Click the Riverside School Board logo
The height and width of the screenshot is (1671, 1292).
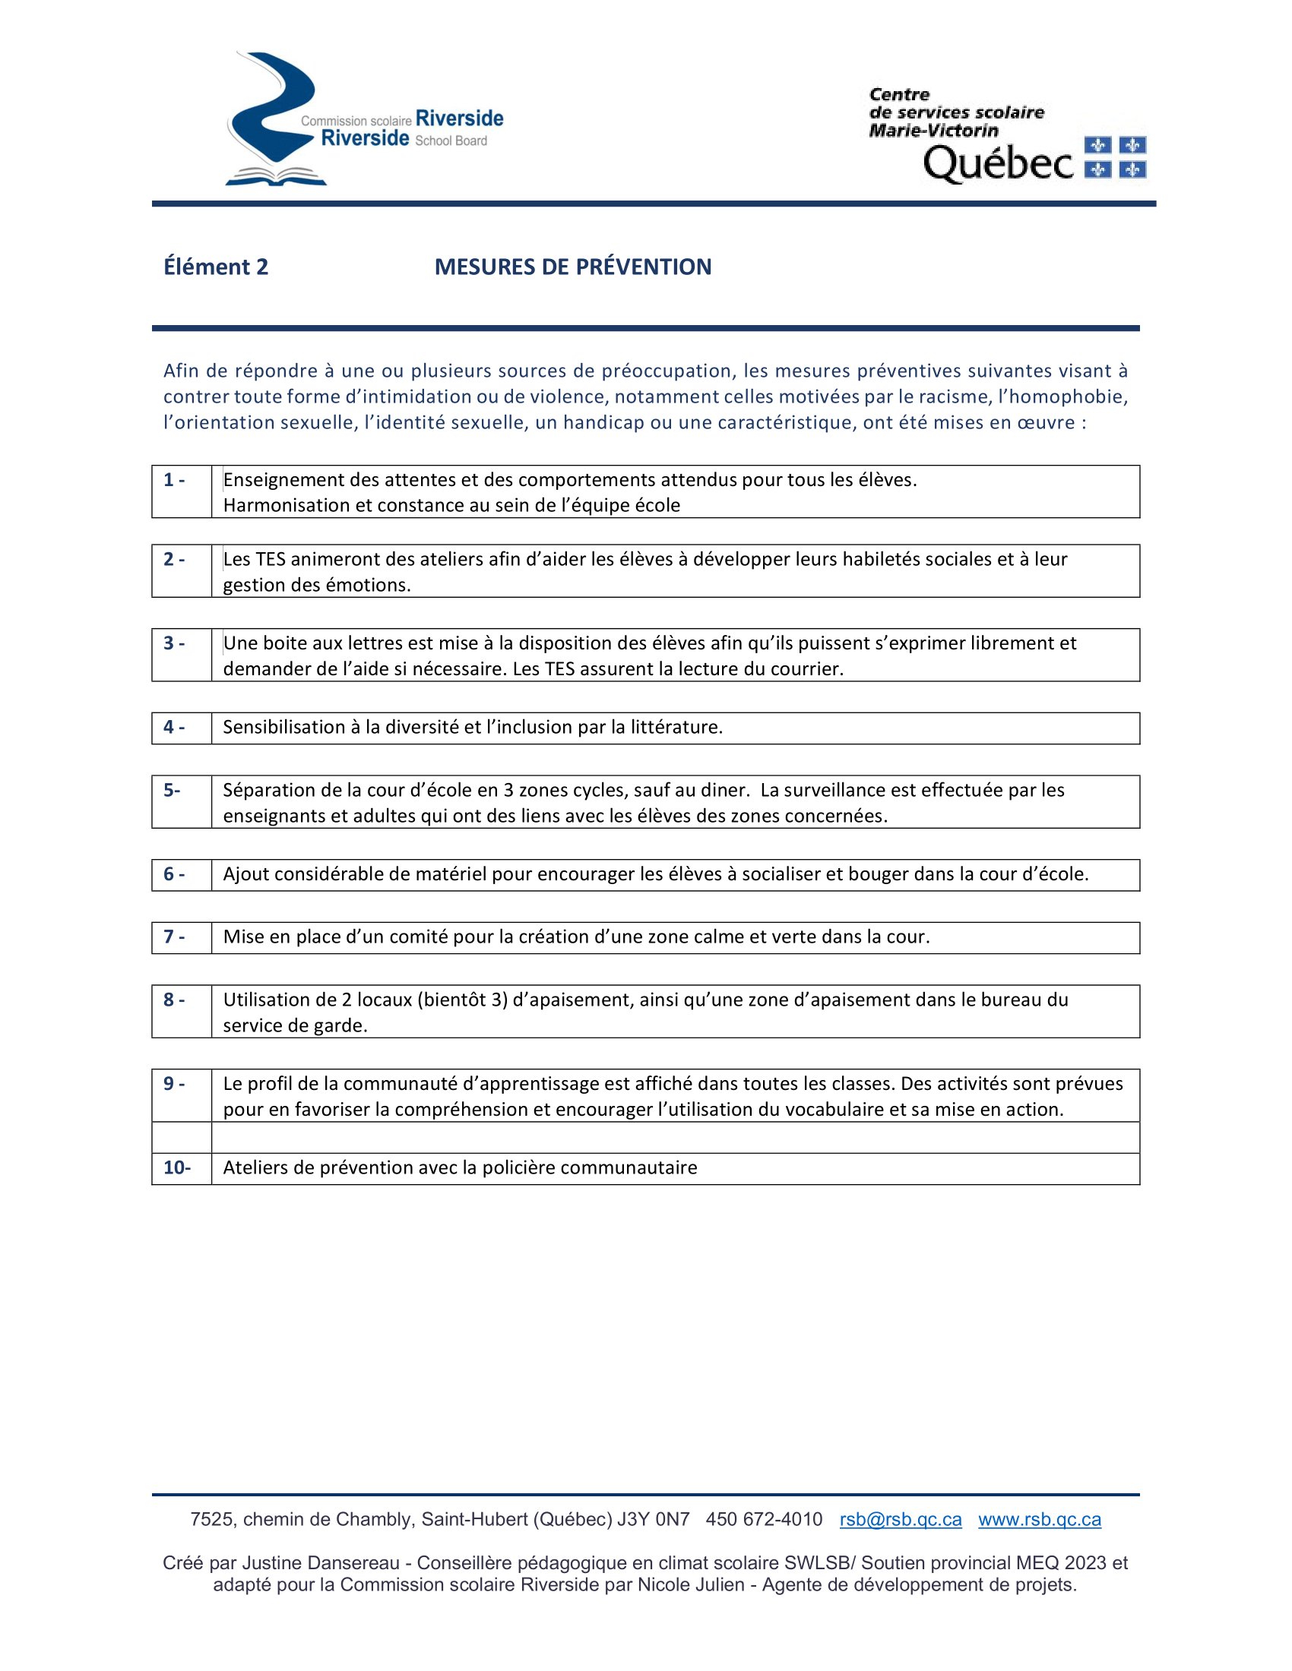[x=363, y=120]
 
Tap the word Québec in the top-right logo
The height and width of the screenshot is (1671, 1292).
[x=997, y=163]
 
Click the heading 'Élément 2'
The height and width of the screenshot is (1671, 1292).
[x=216, y=267]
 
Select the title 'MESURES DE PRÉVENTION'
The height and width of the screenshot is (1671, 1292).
[x=572, y=267]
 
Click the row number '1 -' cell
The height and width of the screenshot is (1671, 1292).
[x=175, y=481]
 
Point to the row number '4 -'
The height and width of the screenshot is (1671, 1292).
[x=175, y=728]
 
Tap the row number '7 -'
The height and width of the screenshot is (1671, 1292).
[x=175, y=937]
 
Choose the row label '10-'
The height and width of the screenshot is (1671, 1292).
[x=177, y=1167]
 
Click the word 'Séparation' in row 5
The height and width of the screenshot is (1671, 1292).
[x=265, y=791]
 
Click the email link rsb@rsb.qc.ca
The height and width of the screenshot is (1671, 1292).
[x=900, y=1520]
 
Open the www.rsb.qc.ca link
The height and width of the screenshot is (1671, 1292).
[x=1040, y=1520]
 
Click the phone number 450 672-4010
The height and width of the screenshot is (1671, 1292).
[x=764, y=1520]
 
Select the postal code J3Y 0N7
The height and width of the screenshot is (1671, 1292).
[x=653, y=1520]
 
